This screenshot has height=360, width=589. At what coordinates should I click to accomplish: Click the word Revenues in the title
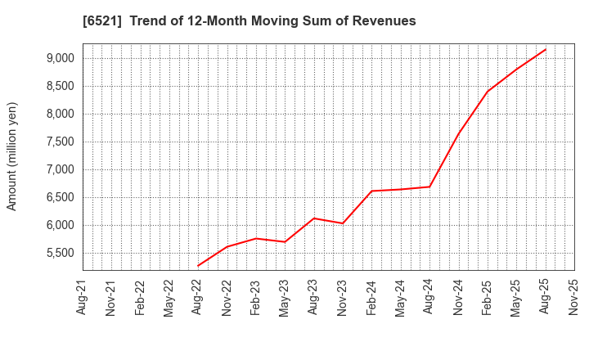382,21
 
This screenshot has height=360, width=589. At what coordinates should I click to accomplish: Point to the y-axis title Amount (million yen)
12,156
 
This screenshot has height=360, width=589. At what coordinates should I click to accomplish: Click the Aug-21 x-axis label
83,296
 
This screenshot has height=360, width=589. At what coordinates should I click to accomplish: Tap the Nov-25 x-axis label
574,296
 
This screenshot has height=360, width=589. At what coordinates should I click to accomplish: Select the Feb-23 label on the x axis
256,296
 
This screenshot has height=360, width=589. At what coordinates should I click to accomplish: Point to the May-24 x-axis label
401,296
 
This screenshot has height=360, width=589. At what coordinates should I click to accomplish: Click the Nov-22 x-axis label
227,296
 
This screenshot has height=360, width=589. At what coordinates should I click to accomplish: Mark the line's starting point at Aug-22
198,266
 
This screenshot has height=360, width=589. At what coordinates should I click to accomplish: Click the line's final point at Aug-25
546,49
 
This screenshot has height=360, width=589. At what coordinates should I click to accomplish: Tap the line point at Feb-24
371,191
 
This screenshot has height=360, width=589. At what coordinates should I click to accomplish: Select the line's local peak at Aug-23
314,218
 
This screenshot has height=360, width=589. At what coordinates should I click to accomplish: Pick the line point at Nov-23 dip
343,223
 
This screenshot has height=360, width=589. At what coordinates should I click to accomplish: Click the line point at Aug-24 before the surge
429,187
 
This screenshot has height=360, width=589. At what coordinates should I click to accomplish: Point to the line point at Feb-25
488,91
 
